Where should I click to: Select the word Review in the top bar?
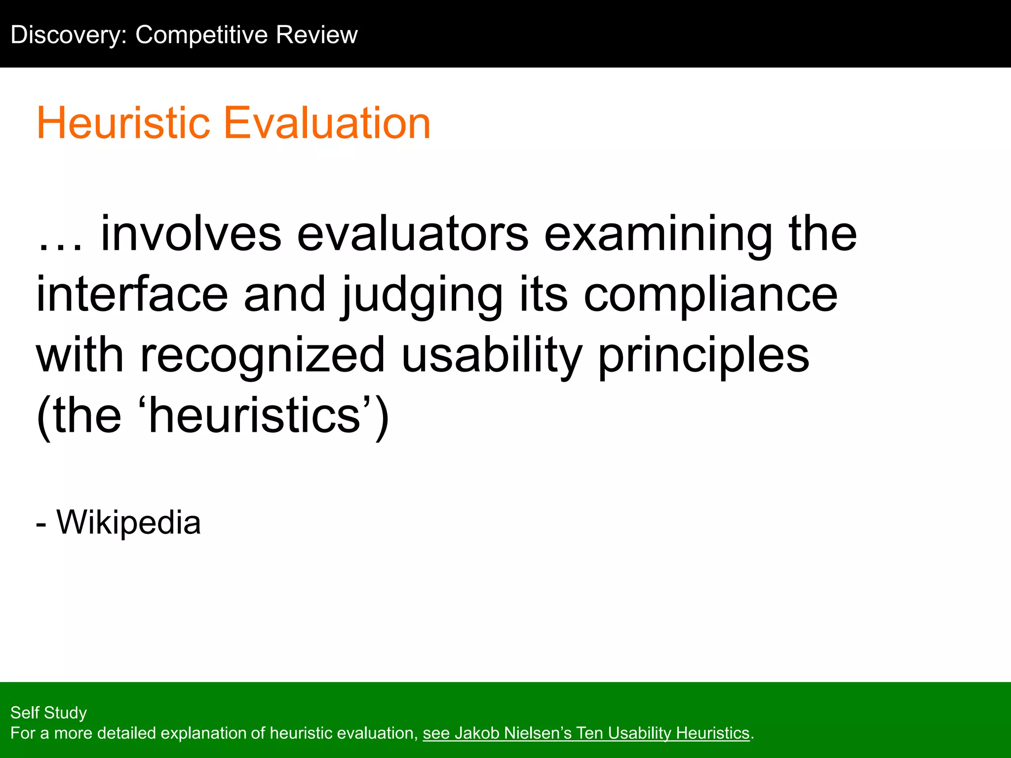316,35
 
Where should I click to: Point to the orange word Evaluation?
327,123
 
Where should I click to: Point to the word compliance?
711,296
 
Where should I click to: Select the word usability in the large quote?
492,355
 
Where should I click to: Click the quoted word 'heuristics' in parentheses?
255,416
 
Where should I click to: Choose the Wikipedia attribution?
128,523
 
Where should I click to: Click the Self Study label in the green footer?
48,713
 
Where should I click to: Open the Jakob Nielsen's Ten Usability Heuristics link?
586,733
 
